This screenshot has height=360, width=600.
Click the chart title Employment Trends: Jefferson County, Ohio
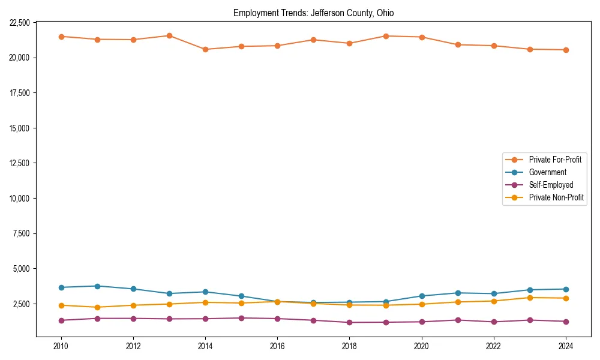313,13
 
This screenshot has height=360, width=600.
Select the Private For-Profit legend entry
555,160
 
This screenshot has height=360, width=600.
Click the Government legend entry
547,172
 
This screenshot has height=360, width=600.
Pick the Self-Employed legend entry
551,185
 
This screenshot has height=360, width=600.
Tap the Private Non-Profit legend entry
556,197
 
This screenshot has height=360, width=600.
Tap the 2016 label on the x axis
277,346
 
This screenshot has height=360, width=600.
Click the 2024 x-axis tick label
566,346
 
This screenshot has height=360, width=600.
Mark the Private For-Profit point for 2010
61,37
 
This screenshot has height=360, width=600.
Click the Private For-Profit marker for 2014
205,49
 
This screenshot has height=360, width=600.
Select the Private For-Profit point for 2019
386,36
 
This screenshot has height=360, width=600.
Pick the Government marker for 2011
97,286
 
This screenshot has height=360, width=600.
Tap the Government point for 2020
422,296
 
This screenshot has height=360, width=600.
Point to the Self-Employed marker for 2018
350,322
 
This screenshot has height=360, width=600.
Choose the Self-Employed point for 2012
133,319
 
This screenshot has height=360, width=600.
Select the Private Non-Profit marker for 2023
530,298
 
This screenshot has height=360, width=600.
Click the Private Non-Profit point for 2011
97,307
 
